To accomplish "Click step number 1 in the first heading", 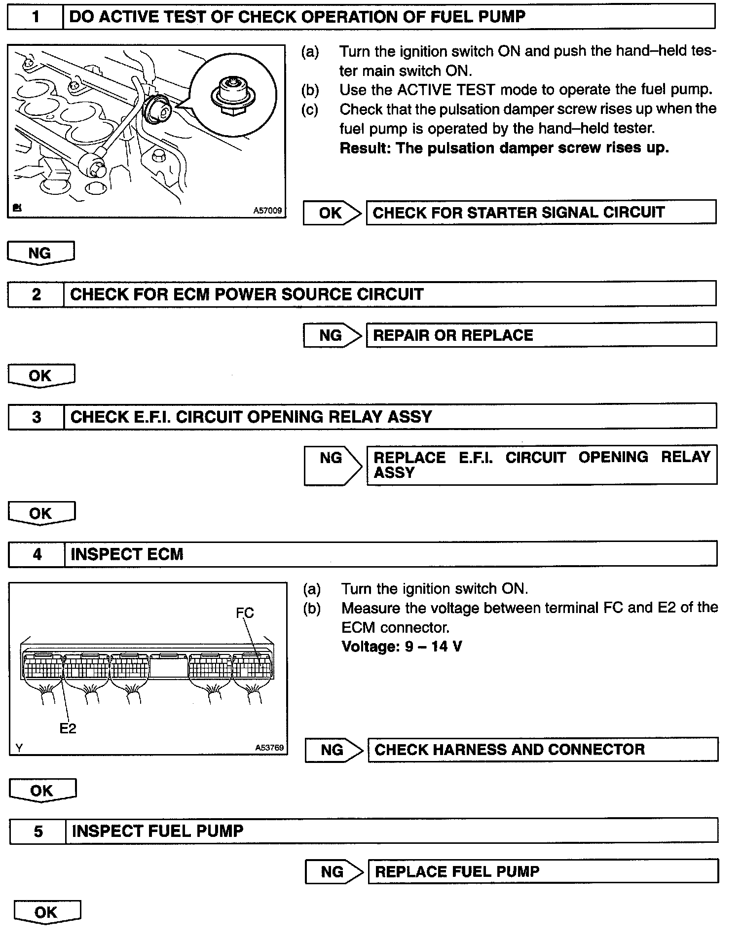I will click(x=36, y=17).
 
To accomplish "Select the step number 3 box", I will click(x=37, y=417).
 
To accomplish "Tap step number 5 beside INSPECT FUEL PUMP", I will click(x=38, y=831).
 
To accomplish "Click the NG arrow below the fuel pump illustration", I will click(x=40, y=253).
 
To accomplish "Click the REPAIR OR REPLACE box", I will click(x=541, y=335).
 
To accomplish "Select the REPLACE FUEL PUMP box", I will click(x=543, y=871).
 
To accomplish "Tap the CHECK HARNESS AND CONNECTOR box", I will click(x=543, y=750).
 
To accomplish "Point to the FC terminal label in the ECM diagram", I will click(x=245, y=613).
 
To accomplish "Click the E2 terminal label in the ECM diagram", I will click(x=68, y=728).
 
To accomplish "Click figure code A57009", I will click(x=267, y=211).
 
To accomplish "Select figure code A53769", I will click(x=269, y=748).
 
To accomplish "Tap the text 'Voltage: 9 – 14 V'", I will click(x=401, y=647).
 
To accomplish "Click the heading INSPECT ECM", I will click(x=127, y=554).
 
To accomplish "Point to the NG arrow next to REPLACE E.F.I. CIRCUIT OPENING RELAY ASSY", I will click(x=332, y=464).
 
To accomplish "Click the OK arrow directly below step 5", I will click(x=46, y=912).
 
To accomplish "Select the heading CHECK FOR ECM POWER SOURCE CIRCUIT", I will click(x=247, y=294).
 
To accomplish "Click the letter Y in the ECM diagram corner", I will click(x=19, y=748).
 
